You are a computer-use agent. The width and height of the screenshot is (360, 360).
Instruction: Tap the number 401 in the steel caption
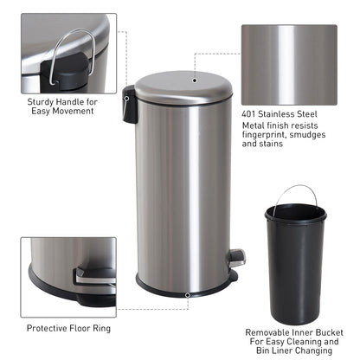[x=251, y=113]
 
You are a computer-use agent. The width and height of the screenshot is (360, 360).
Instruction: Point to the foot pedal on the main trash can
[x=236, y=256]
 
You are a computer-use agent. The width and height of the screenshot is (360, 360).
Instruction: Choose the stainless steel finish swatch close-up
[x=288, y=62]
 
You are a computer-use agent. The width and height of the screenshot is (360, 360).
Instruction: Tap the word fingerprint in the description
[x=265, y=136]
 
